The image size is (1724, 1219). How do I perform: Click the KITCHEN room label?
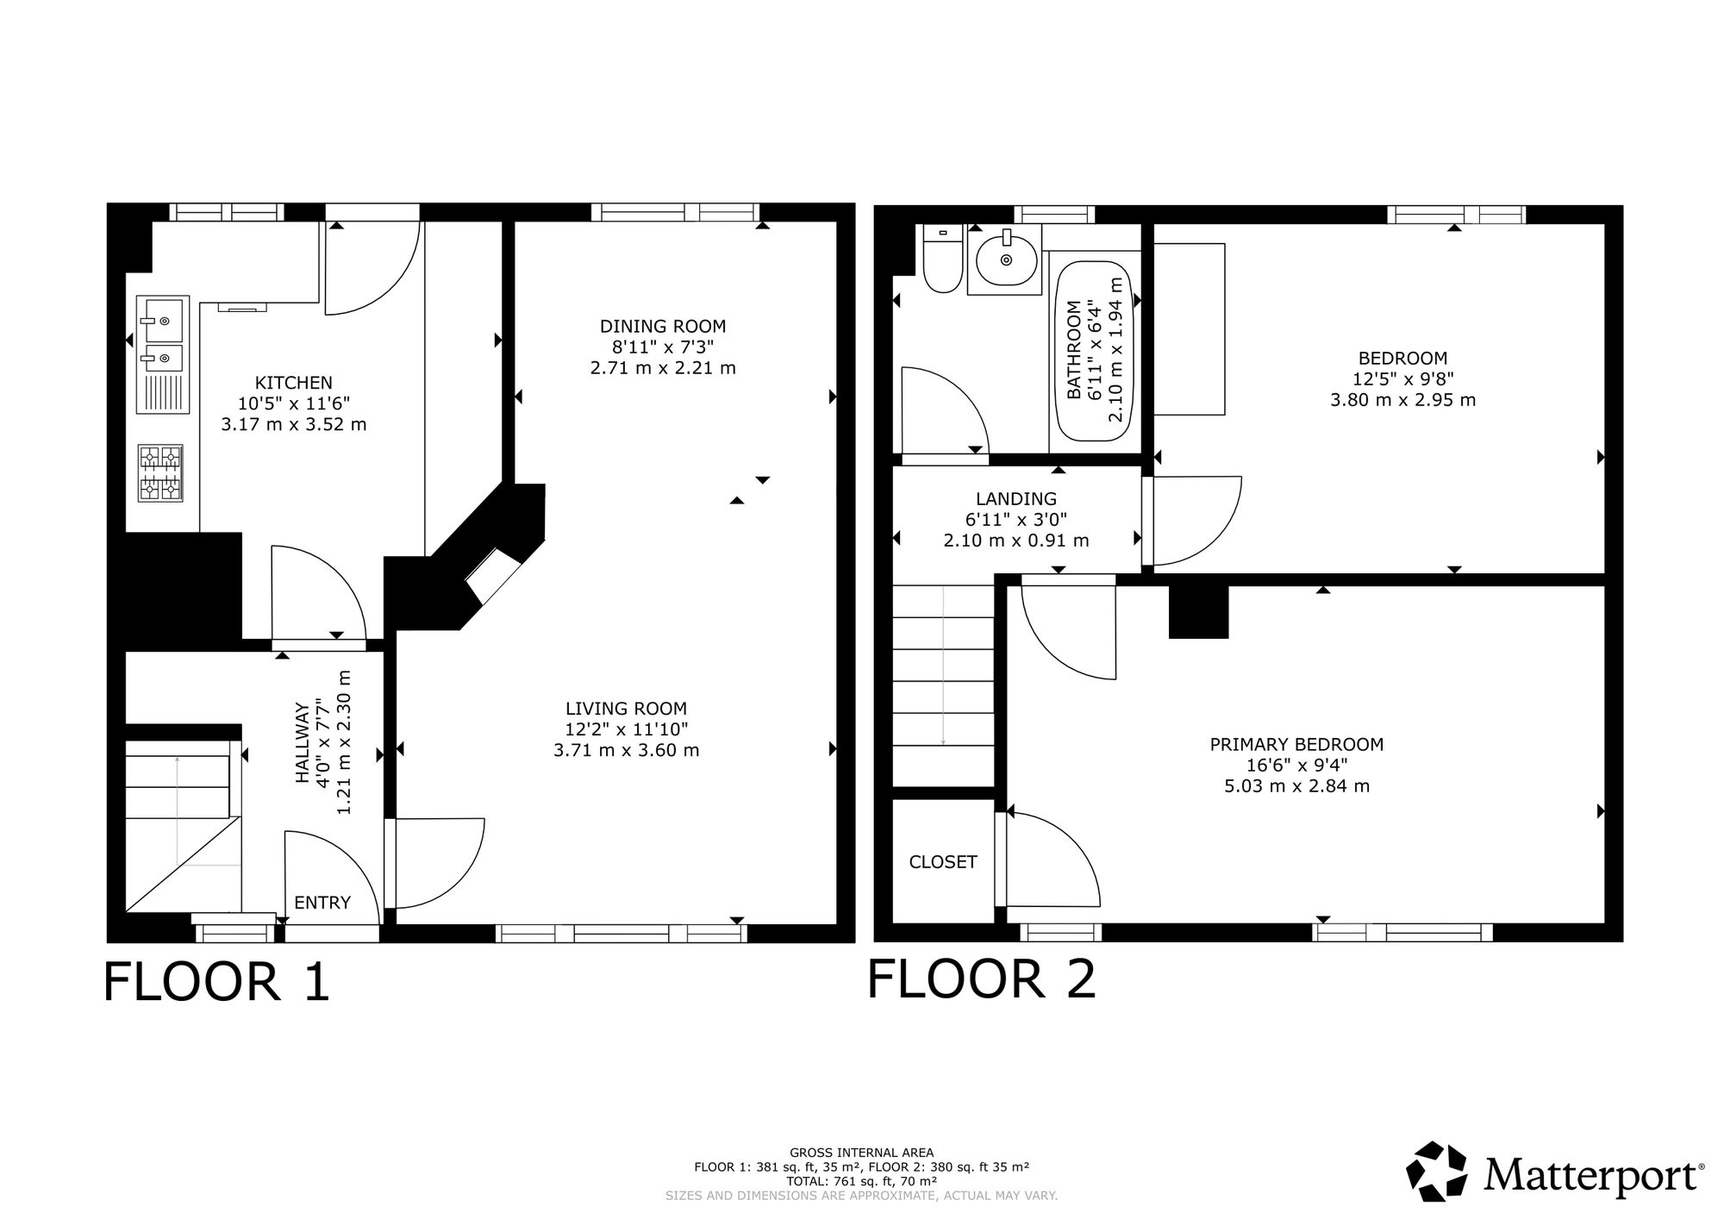pos(293,383)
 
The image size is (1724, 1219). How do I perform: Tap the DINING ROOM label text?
pos(662,326)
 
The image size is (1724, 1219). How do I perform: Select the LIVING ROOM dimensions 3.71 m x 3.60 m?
pos(626,750)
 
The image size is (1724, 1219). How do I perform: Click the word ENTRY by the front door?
pos(322,903)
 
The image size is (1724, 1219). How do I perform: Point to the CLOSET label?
pos(943,862)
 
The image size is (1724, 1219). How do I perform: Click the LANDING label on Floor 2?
pos(1015,498)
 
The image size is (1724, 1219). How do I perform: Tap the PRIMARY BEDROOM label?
pos(1296,744)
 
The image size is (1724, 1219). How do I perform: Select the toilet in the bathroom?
pos(941,259)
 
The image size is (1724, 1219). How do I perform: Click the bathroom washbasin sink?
pos(1005,259)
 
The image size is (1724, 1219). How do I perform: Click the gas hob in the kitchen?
pos(161,472)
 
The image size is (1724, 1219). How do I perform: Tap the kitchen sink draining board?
pos(162,395)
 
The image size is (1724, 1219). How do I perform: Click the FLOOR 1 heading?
pos(216,982)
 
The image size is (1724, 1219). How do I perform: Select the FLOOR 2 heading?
pos(981,979)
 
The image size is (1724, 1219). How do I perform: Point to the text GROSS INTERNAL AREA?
pos(861,1153)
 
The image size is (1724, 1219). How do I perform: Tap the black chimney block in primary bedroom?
pos(1198,612)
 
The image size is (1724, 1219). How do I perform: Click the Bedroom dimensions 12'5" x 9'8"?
pos(1402,379)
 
